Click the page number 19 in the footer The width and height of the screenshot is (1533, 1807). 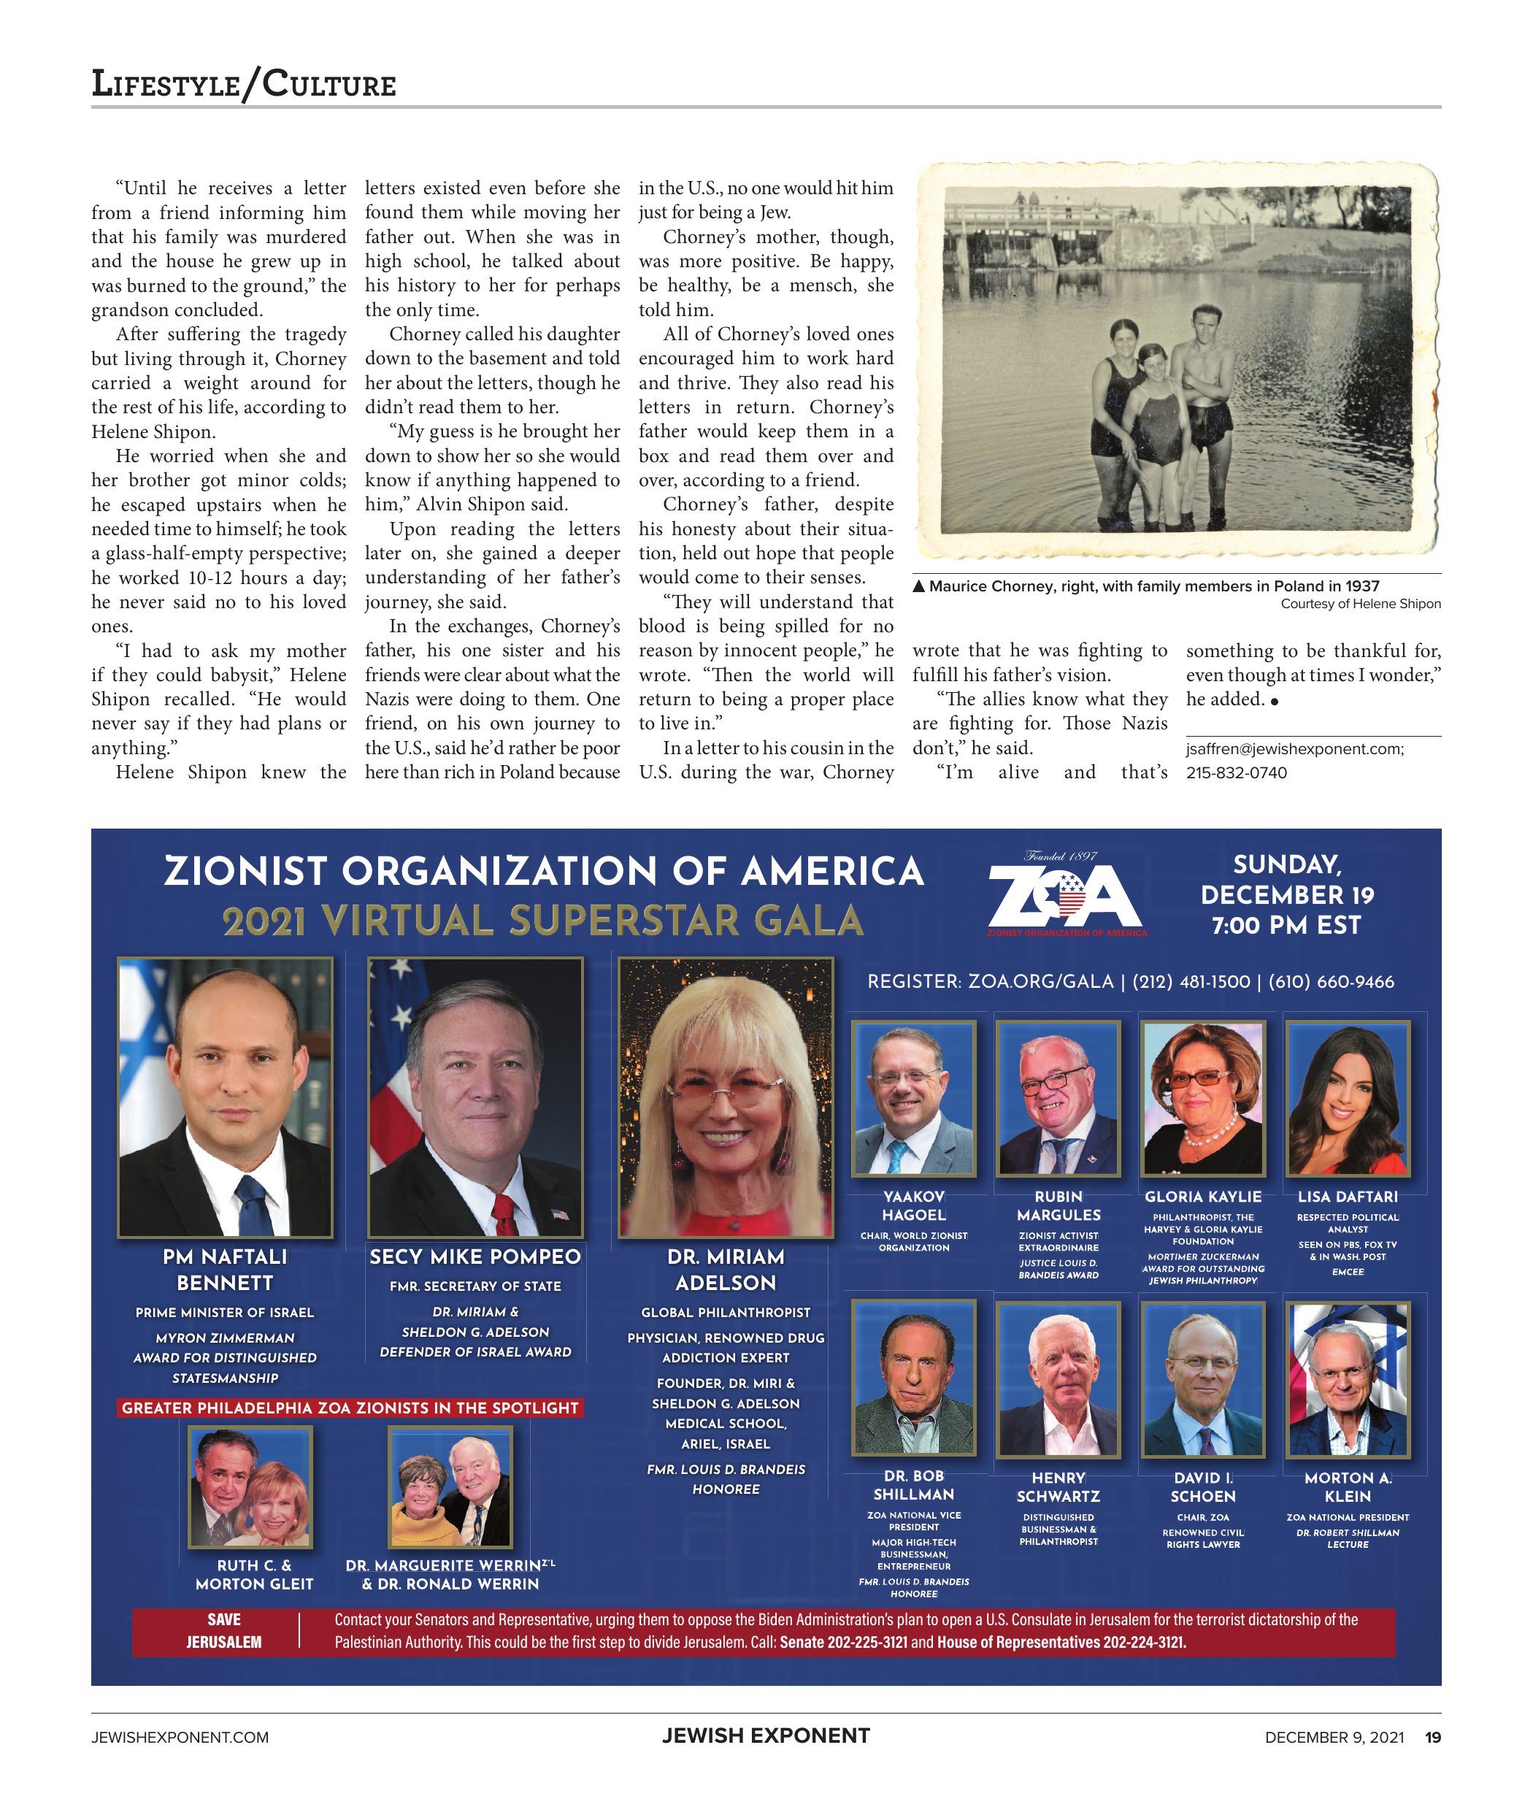click(x=1432, y=1737)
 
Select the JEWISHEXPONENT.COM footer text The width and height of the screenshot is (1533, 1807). click(x=180, y=1737)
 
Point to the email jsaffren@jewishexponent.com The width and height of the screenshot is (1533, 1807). click(x=1294, y=748)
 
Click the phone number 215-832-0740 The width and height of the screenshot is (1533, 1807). click(x=1236, y=772)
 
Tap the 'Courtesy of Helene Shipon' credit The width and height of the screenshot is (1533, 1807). click(x=1360, y=604)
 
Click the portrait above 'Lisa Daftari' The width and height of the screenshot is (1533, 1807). click(x=1347, y=1099)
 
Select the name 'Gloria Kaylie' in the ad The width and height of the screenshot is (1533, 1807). click(x=1203, y=1197)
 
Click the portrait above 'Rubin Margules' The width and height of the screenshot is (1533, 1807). click(x=1058, y=1099)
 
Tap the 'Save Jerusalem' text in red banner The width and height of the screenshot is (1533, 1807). click(x=223, y=1630)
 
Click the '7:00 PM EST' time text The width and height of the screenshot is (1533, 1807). click(x=1286, y=925)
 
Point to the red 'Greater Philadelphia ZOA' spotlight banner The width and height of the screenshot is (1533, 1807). click(x=350, y=1408)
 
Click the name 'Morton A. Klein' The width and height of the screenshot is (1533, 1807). click(x=1347, y=1486)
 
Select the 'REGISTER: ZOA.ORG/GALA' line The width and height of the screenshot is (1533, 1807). click(x=990, y=981)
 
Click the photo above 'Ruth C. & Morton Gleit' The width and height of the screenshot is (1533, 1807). click(x=250, y=1487)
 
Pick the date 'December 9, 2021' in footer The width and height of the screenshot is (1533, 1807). click(x=1334, y=1737)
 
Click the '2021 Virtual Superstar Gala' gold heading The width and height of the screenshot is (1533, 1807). click(x=543, y=921)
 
